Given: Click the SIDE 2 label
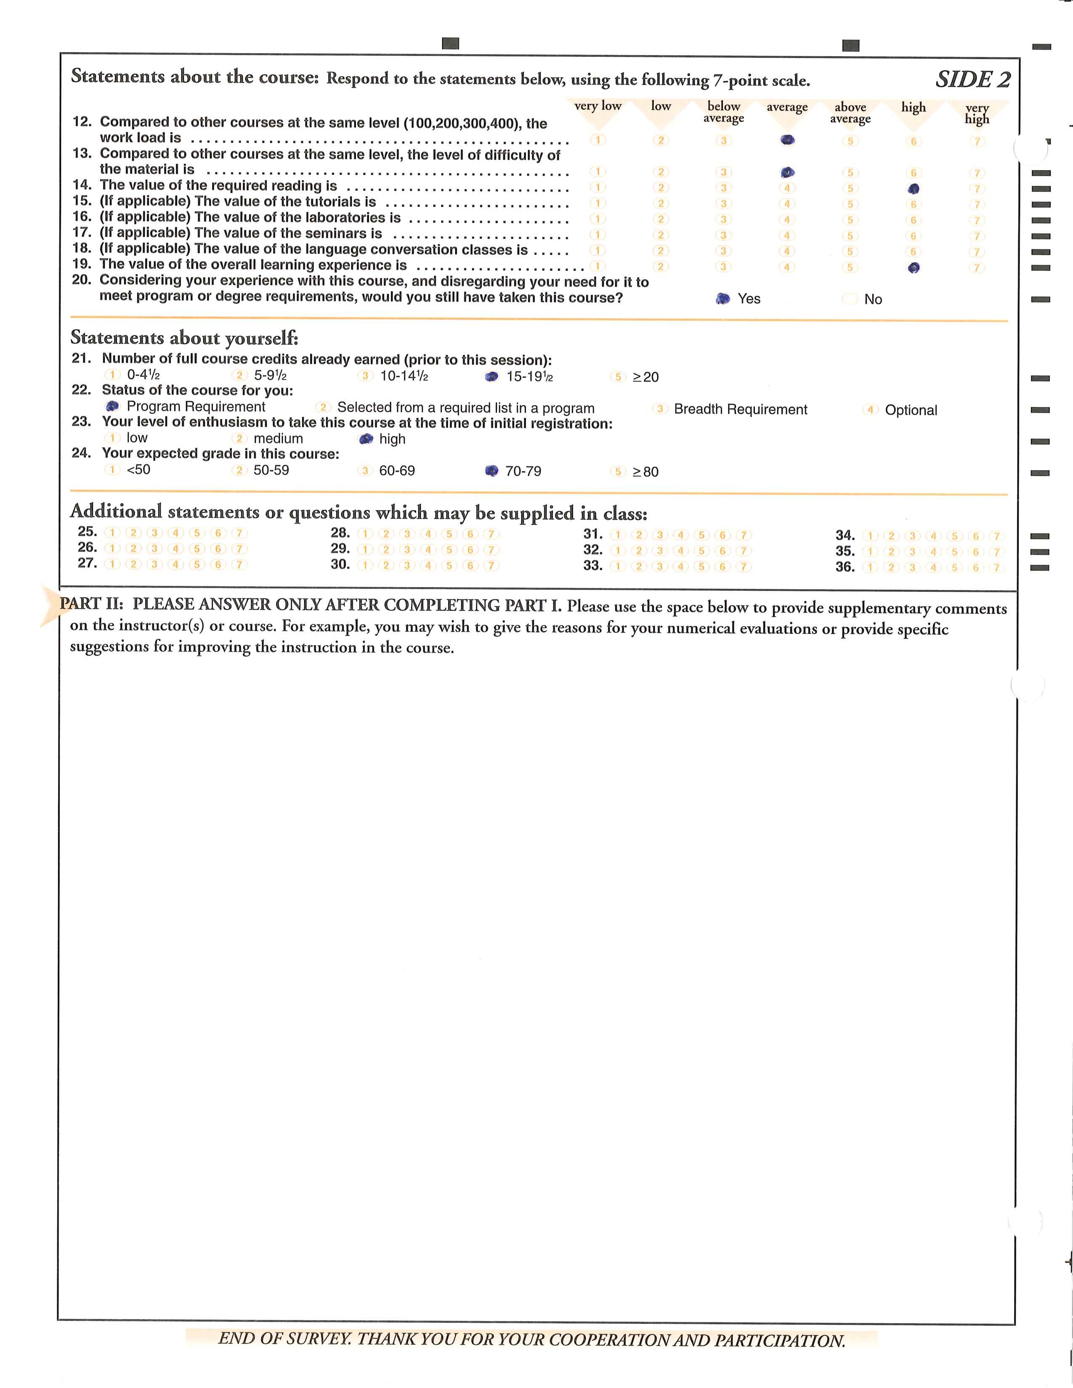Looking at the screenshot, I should tap(972, 79).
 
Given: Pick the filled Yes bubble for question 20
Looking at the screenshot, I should tap(723, 299).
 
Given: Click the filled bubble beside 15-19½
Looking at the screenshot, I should tap(491, 377).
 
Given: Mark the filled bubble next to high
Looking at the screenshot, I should tap(366, 439).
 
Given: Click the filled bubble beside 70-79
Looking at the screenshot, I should tap(491, 471).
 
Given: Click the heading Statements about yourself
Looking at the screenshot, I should tap(184, 337).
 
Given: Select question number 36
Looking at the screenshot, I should tap(845, 567).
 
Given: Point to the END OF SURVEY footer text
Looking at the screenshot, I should tap(531, 1340).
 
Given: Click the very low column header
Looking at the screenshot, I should tap(598, 106).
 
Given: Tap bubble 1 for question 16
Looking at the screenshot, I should tap(598, 219).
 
